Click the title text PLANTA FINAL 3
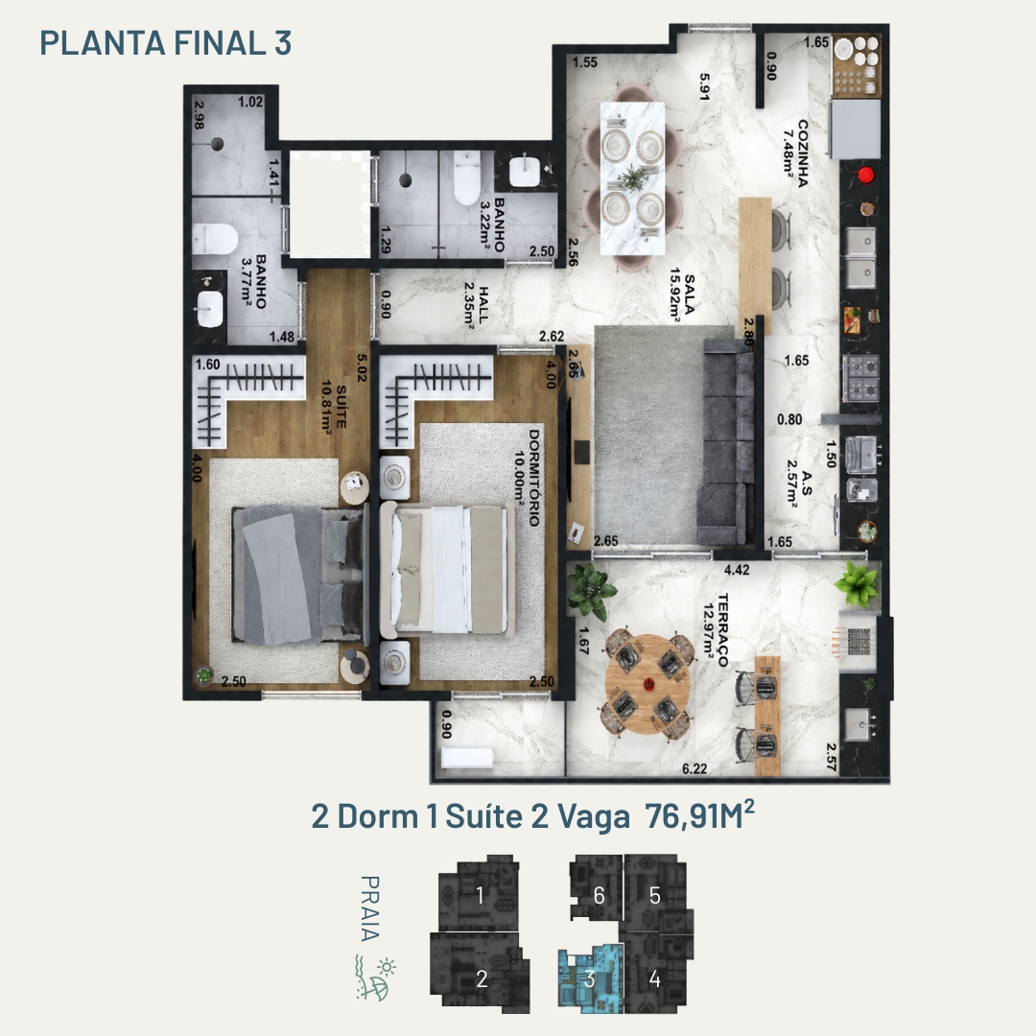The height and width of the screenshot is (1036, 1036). coord(165,43)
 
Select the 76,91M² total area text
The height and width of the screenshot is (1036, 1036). coord(699,814)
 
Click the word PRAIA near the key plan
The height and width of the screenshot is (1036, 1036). coord(369,907)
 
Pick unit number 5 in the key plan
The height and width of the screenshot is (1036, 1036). coord(655,895)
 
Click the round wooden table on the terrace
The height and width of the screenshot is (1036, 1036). coord(648,684)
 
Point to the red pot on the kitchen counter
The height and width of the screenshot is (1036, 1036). coord(865,176)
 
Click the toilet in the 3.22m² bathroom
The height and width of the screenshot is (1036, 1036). coord(466,177)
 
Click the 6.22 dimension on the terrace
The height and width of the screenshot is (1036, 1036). coord(695,768)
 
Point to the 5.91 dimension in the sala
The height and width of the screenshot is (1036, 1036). coord(705,86)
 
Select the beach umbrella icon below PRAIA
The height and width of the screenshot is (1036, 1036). coord(379,989)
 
